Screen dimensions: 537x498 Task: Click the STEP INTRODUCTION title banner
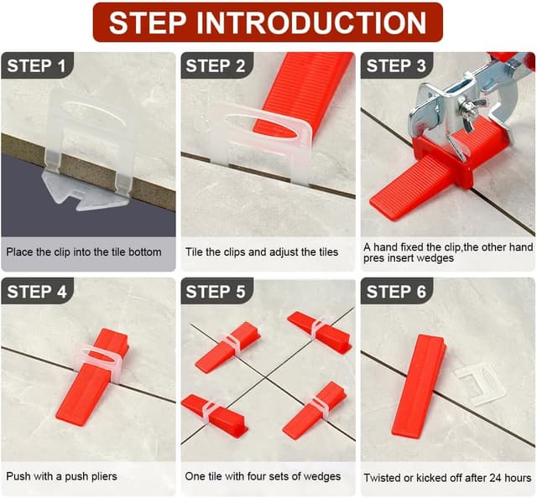coord(268,23)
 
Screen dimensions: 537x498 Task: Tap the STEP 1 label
coord(36,65)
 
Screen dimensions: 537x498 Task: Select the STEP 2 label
coord(216,65)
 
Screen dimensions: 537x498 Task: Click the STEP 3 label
coord(396,65)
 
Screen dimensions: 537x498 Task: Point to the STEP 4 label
coord(37,292)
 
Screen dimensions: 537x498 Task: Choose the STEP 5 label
coord(216,292)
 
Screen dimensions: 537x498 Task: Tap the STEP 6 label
coord(396,292)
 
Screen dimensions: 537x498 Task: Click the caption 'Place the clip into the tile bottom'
coord(84,252)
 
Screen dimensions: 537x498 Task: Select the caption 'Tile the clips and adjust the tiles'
coord(262,252)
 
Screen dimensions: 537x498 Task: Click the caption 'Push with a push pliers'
coord(61,476)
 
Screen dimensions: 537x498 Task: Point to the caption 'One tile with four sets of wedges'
coord(263,476)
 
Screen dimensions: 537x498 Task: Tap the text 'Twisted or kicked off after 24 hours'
coord(447,478)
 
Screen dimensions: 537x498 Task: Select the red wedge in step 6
coord(419,386)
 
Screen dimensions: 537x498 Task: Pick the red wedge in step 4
coord(91,377)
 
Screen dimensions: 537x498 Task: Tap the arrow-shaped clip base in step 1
coord(86,189)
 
